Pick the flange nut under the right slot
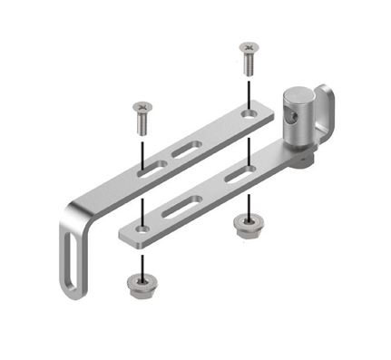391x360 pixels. [x=244, y=227]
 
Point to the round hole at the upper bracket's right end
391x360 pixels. [x=249, y=114]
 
